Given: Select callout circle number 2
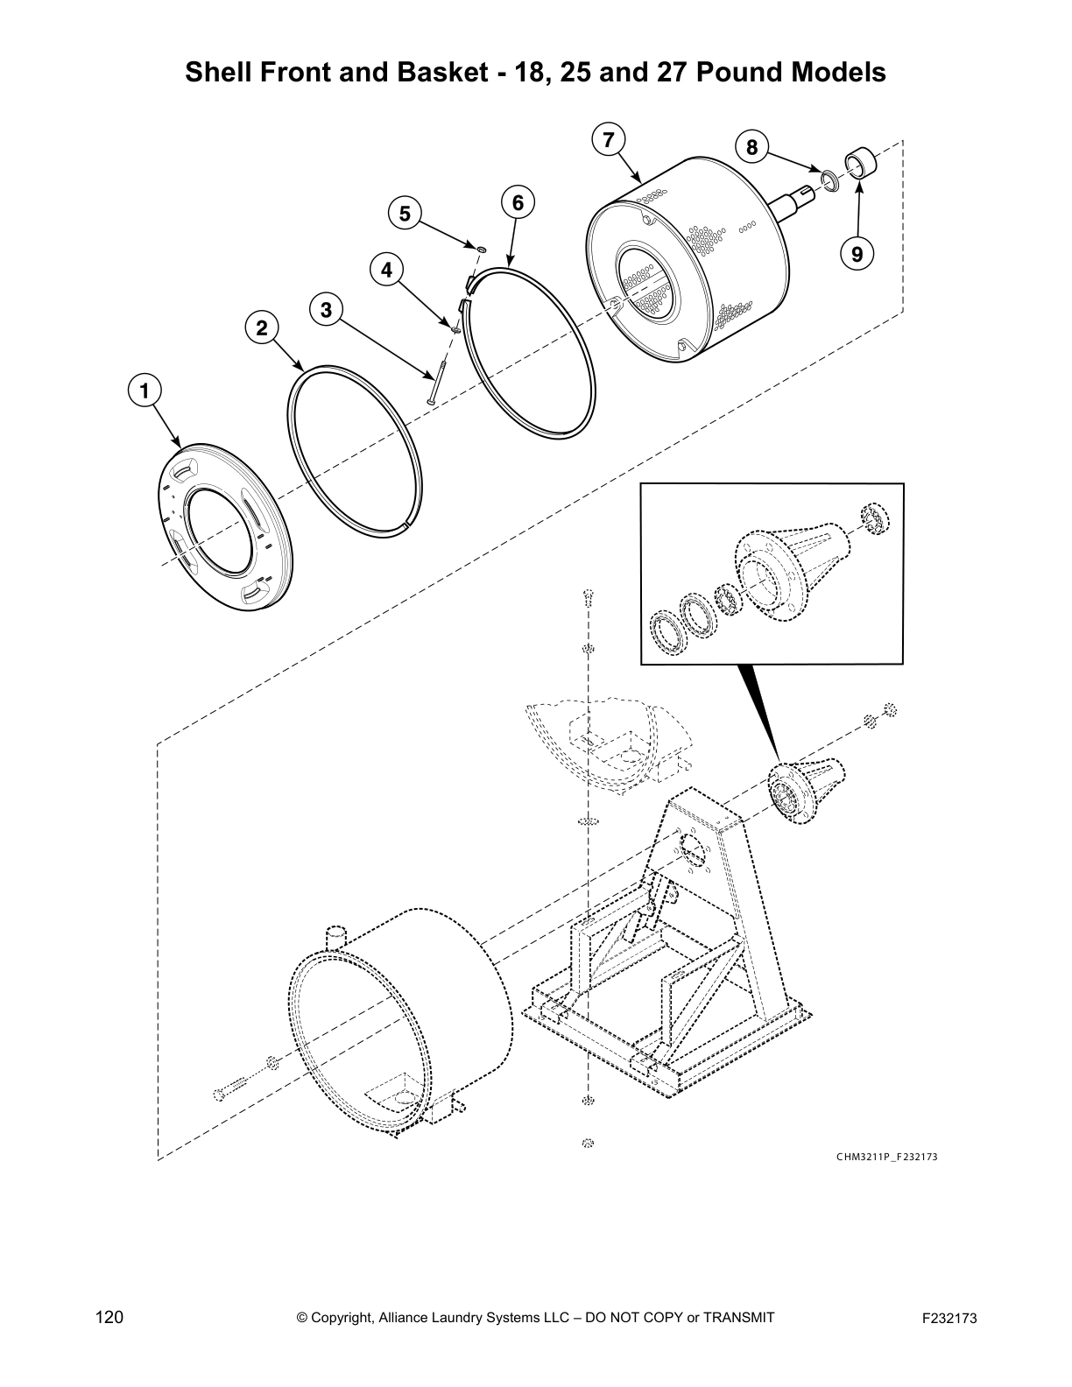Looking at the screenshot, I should pos(261,328).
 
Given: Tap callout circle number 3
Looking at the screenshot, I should pos(326,309).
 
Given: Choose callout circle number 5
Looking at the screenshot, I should pos(405,213).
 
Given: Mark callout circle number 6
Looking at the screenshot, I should pos(518,202).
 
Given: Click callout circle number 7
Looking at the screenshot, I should pos(609,139).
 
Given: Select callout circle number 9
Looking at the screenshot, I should pos(856,254).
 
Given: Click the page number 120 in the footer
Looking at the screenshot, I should pos(109,1318).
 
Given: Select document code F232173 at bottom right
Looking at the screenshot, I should pos(949,1319).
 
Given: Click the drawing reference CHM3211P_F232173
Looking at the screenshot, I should pos(886,1157).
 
